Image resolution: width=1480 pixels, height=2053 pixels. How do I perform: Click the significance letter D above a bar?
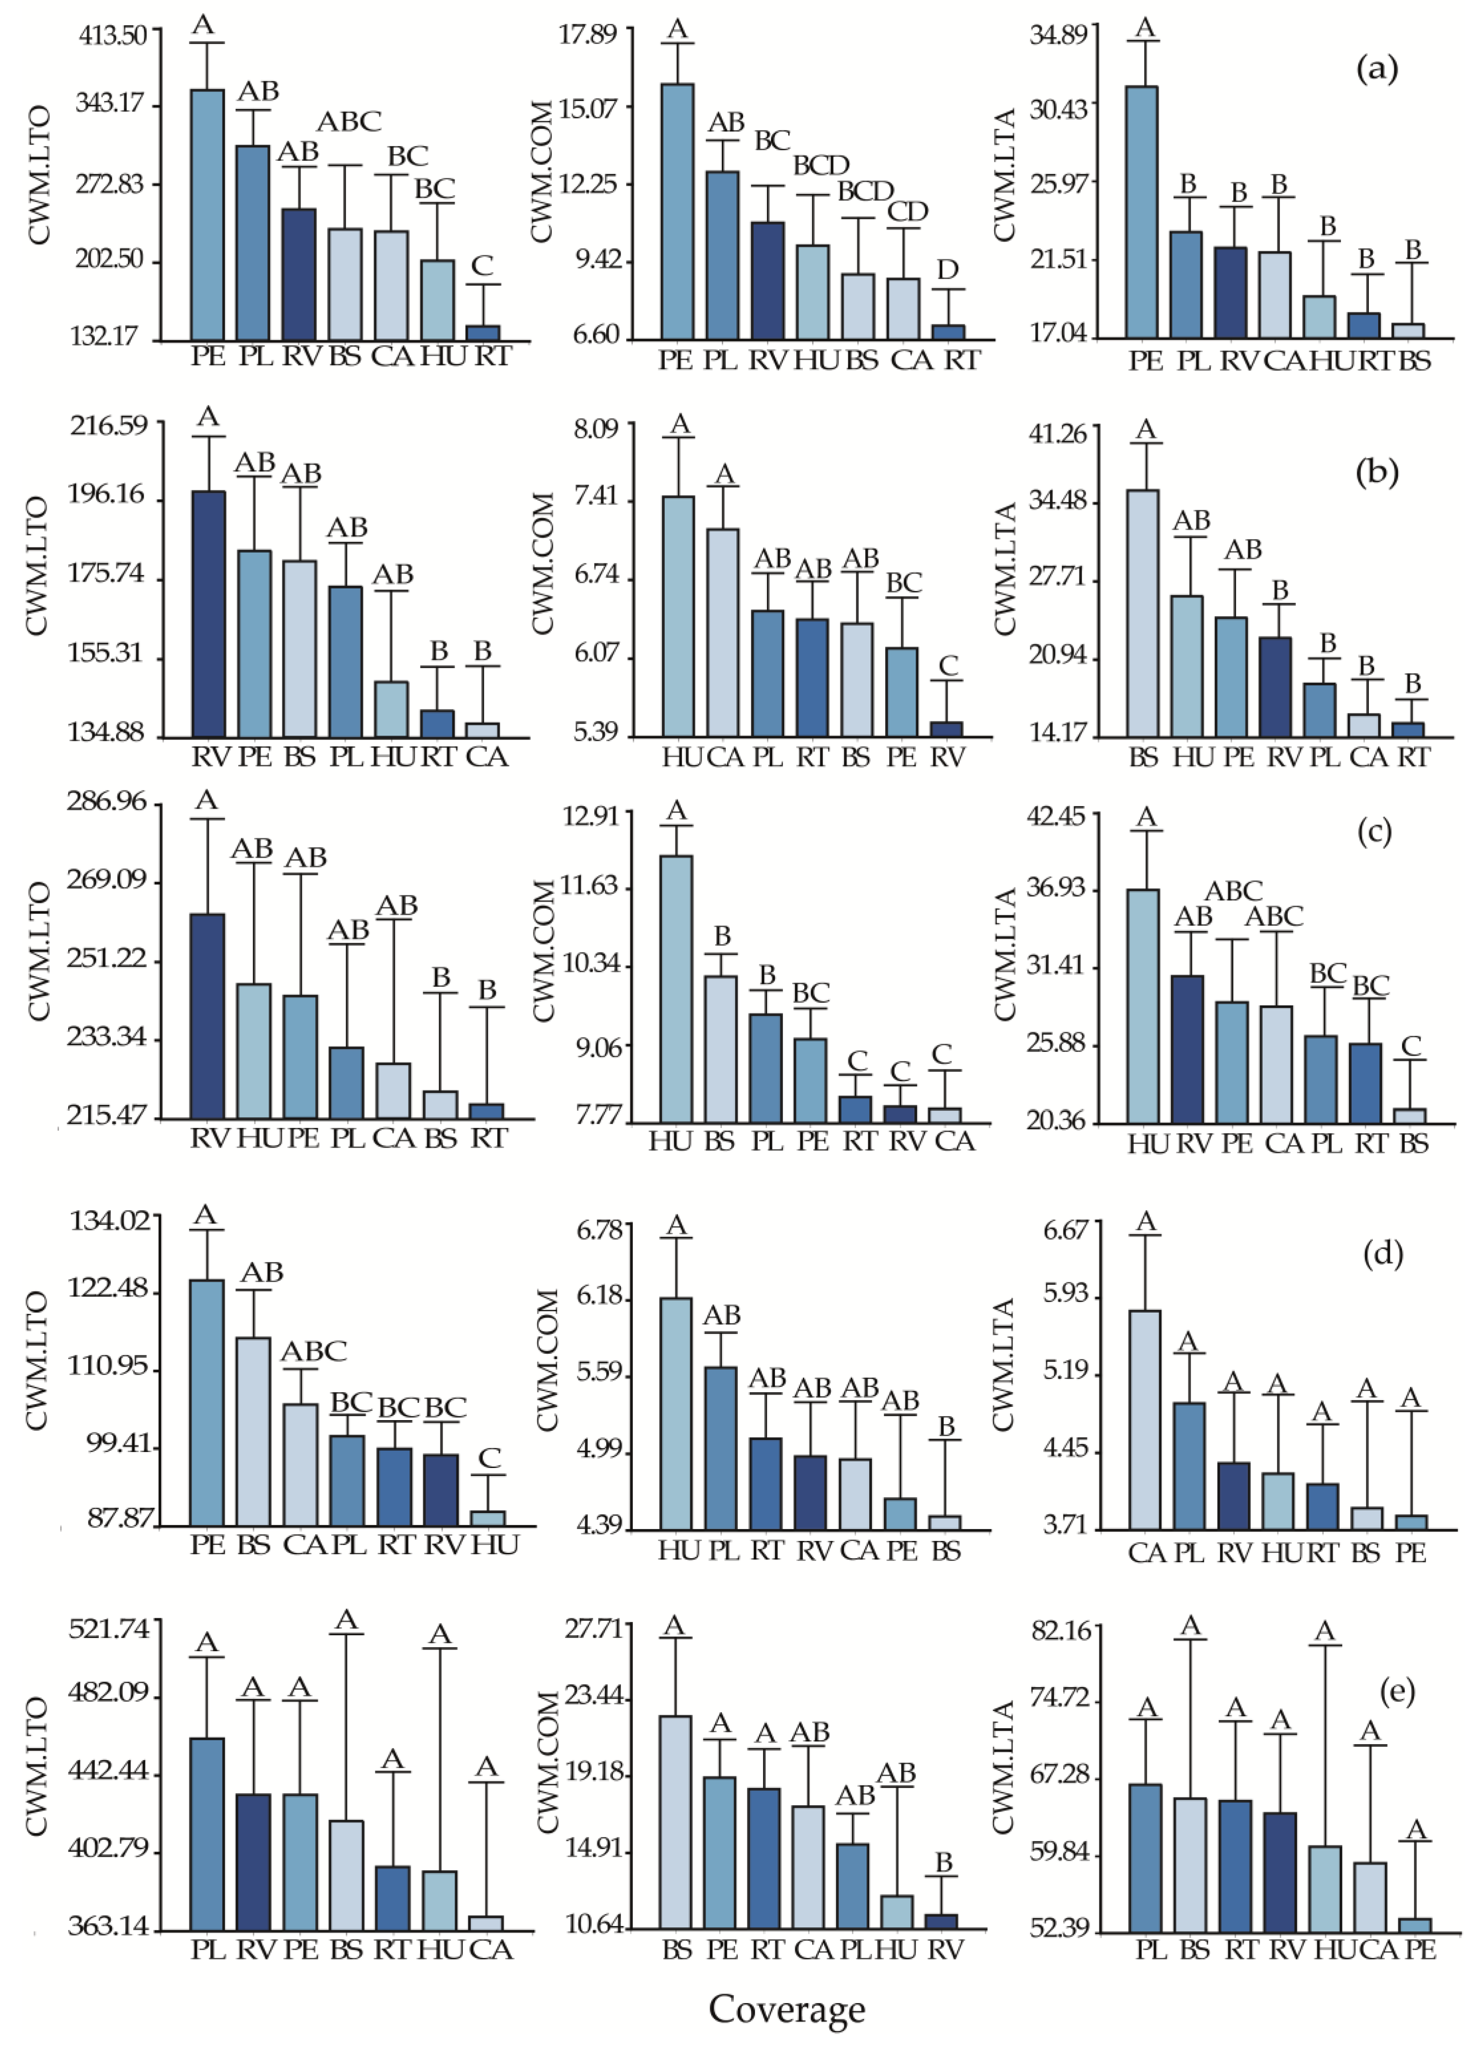click(947, 270)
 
